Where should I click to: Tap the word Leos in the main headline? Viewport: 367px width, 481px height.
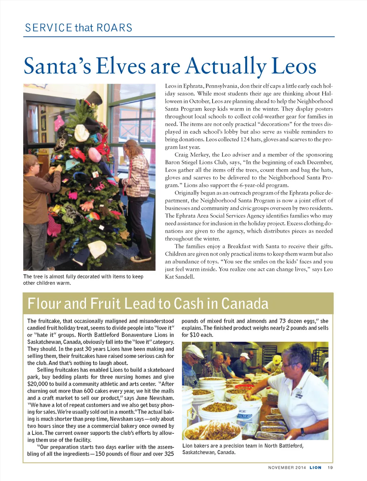(x=294, y=66)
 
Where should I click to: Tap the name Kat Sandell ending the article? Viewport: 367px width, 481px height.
(x=180, y=277)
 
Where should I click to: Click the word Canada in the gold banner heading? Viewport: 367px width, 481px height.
(x=245, y=304)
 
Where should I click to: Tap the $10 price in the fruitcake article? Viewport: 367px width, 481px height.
(x=195, y=335)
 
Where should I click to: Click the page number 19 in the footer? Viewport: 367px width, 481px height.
(x=330, y=468)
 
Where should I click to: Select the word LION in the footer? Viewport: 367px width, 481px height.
(x=315, y=468)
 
